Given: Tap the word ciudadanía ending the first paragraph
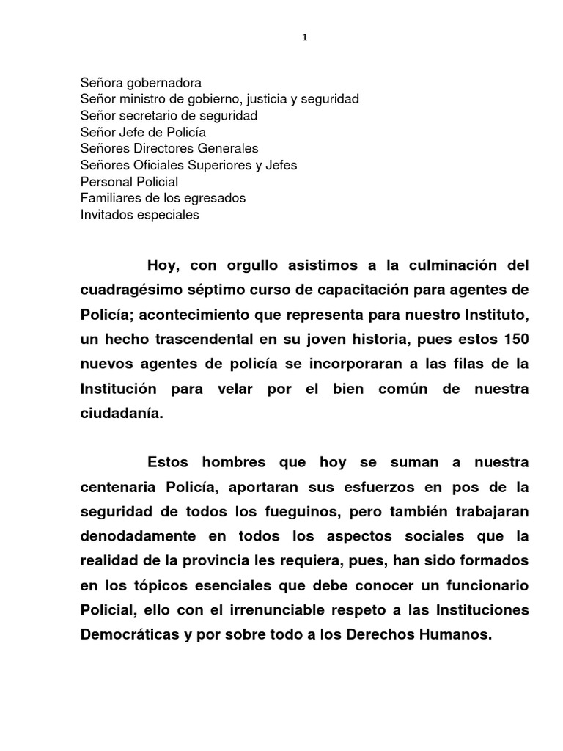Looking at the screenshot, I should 120,414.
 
